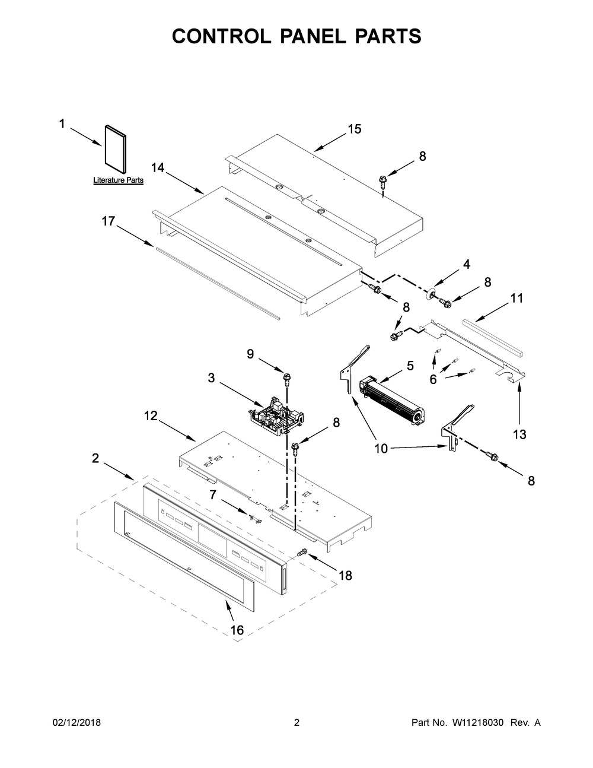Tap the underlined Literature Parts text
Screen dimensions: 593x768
pos(118,180)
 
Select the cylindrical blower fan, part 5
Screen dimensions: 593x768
pos(392,401)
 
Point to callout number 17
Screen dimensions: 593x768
pos(109,221)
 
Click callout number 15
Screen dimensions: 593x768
pos(355,129)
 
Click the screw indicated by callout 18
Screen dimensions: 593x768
pos(302,552)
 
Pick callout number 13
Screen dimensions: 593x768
pos(519,434)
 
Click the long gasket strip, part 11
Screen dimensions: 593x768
pos(493,337)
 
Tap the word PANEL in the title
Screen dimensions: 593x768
pos(313,36)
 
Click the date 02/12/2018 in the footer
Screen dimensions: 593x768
pos(76,722)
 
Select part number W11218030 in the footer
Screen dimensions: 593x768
pos(477,722)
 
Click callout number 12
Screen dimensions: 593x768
pos(151,415)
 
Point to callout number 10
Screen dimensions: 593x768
pos(381,449)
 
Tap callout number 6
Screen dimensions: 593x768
pos(433,379)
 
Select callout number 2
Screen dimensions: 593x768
pos(95,458)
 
